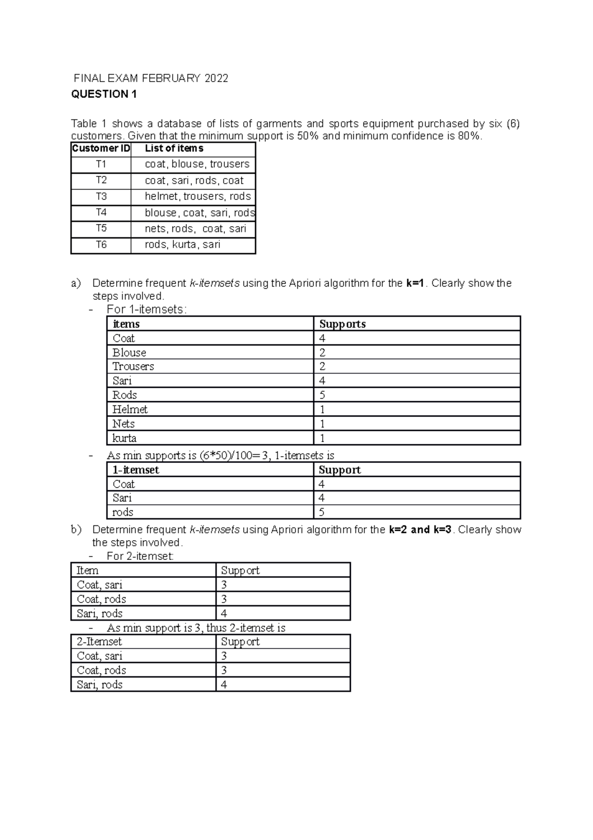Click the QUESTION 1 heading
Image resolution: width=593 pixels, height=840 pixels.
point(104,94)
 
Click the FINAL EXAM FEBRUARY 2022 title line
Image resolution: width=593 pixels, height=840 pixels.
point(151,78)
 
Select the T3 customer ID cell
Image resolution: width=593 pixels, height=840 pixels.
point(101,196)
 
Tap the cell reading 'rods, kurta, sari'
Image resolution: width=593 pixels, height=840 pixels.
point(182,244)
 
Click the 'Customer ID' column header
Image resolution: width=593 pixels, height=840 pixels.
point(101,148)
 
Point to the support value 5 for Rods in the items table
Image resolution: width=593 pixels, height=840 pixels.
point(322,395)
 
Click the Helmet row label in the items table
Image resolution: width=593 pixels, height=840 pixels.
point(130,409)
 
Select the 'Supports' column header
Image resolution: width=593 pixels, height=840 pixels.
point(342,324)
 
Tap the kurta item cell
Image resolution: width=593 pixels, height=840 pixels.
point(125,438)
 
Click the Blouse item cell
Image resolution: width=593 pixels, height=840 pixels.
point(129,353)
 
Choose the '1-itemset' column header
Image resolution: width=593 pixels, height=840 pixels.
point(136,470)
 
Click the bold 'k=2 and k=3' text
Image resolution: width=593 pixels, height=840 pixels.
point(420,530)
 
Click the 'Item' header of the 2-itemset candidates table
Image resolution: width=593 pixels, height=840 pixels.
point(87,570)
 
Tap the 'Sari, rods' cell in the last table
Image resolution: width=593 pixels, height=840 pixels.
point(100,685)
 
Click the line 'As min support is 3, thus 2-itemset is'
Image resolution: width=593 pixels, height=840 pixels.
point(196,628)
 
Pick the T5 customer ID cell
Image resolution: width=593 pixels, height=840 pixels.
point(101,229)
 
